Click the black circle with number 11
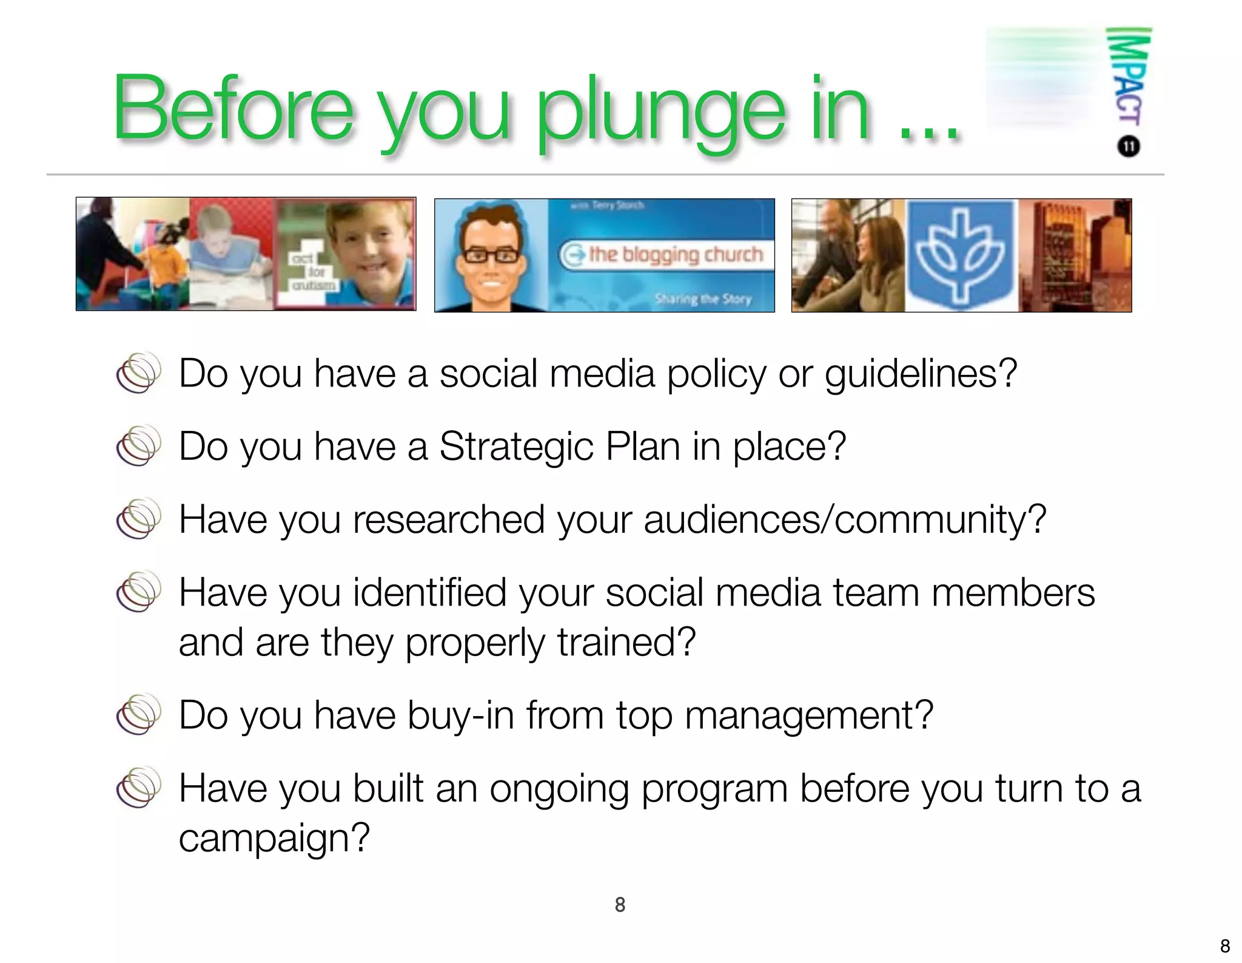[1129, 147]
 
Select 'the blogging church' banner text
[675, 254]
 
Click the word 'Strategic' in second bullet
[516, 447]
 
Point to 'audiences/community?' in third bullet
[845, 520]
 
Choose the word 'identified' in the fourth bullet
[429, 593]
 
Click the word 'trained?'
[626, 643]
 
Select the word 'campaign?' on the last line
[274, 838]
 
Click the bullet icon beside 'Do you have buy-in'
[139, 714]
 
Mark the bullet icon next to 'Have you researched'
[139, 519]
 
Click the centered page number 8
[620, 905]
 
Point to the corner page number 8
[1225, 946]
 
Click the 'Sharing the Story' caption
[703, 299]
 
